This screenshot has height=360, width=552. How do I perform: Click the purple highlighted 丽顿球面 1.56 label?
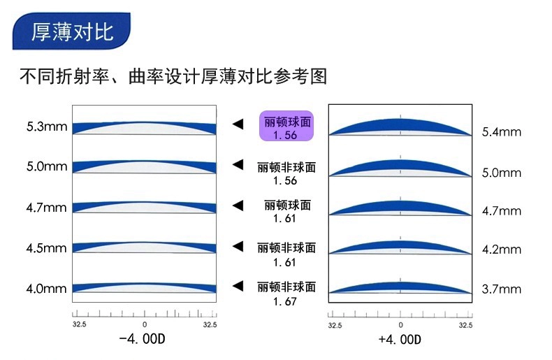[x=285, y=127]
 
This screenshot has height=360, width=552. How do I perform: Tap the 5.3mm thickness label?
[x=46, y=127]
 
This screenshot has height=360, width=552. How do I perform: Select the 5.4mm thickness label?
[x=502, y=131]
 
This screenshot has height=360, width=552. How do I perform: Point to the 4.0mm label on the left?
[x=46, y=287]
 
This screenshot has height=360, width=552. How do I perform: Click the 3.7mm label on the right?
[x=502, y=289]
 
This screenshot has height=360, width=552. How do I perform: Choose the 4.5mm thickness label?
[x=46, y=247]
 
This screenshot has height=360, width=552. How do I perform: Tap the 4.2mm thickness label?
[x=502, y=249]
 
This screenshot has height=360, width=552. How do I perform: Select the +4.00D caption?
[x=400, y=340]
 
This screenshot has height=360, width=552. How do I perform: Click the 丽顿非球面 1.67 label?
[x=286, y=294]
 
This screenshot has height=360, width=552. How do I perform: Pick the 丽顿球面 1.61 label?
[x=286, y=211]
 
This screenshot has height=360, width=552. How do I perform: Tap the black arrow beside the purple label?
[x=238, y=124]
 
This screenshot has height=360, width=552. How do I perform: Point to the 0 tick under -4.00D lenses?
[x=145, y=324]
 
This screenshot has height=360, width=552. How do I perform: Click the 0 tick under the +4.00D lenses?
[x=400, y=324]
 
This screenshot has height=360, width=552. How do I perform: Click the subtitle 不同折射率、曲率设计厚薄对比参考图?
[x=173, y=75]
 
